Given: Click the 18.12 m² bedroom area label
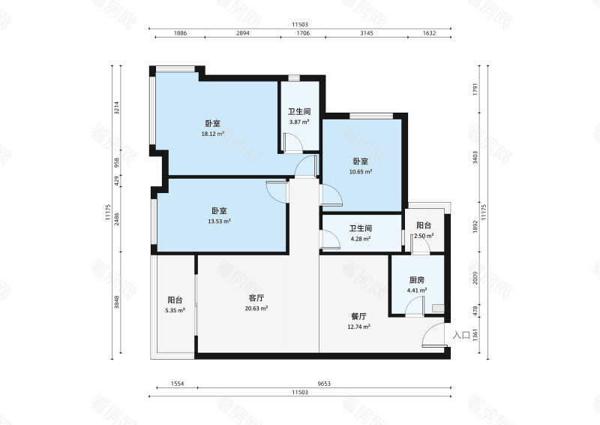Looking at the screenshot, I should [212, 134].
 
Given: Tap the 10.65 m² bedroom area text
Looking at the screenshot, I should [361, 172].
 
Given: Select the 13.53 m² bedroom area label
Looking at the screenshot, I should [219, 222].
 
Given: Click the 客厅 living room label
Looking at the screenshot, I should [256, 297].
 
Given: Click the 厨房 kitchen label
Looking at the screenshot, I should [416, 279].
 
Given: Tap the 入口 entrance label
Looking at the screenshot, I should [461, 335].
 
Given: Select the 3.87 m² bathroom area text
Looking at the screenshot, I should [299, 122].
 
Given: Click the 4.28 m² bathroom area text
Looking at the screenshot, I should [361, 240].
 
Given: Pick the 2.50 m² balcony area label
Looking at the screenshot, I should [424, 237].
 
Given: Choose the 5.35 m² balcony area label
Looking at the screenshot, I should [175, 309].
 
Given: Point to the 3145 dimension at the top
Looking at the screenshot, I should [366, 34].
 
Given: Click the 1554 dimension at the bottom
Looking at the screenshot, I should [177, 384].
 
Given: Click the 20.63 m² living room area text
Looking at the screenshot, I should [256, 308].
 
